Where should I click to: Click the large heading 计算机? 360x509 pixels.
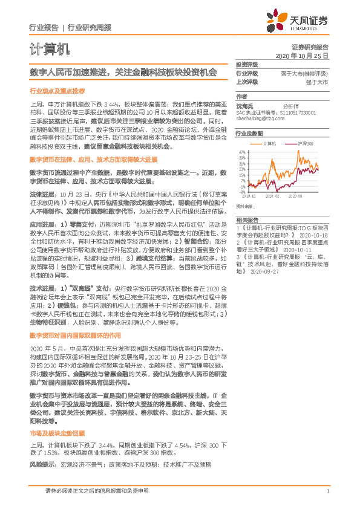50,48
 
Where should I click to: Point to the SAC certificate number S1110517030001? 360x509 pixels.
298,112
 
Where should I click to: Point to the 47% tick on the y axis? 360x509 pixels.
241,152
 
